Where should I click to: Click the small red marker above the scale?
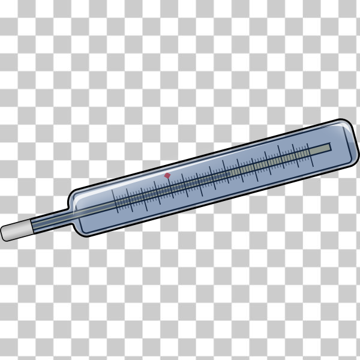click(168, 176)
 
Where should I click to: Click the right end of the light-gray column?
click(329, 148)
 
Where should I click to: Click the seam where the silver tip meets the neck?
click(29, 226)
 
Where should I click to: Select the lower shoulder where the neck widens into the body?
click(75, 226)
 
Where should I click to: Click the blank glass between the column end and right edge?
click(340, 145)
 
